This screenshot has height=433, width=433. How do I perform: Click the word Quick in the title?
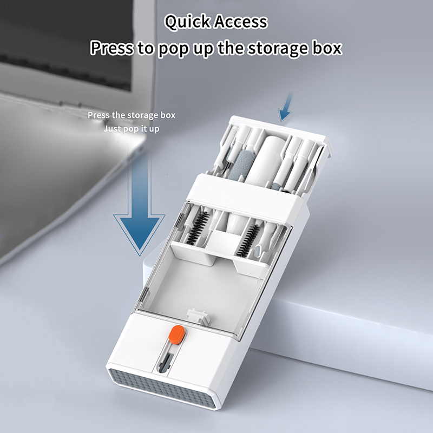187,22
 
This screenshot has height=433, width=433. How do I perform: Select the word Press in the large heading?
112,48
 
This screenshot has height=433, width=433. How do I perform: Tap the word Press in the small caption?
99,115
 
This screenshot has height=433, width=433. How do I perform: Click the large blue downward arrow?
140,203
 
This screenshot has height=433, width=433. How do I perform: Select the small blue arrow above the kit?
286,107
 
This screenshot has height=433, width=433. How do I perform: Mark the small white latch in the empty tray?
198,316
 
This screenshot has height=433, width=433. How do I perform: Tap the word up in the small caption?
154,129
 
